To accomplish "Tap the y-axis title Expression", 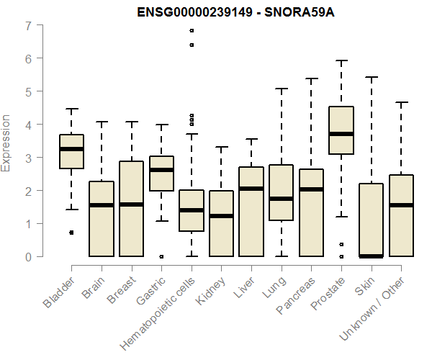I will coord(6,142).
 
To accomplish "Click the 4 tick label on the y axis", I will coord(28,125).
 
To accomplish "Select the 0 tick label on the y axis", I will coord(28,256).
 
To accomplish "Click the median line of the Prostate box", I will coord(341,134).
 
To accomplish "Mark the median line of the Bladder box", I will coord(71,149).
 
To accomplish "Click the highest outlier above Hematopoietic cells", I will coord(192,31).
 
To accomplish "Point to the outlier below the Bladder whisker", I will coord(71,233).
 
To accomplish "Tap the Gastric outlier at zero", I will coord(161,256).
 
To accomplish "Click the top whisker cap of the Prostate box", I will coord(341,60).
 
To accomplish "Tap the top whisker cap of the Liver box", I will coord(251,139).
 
